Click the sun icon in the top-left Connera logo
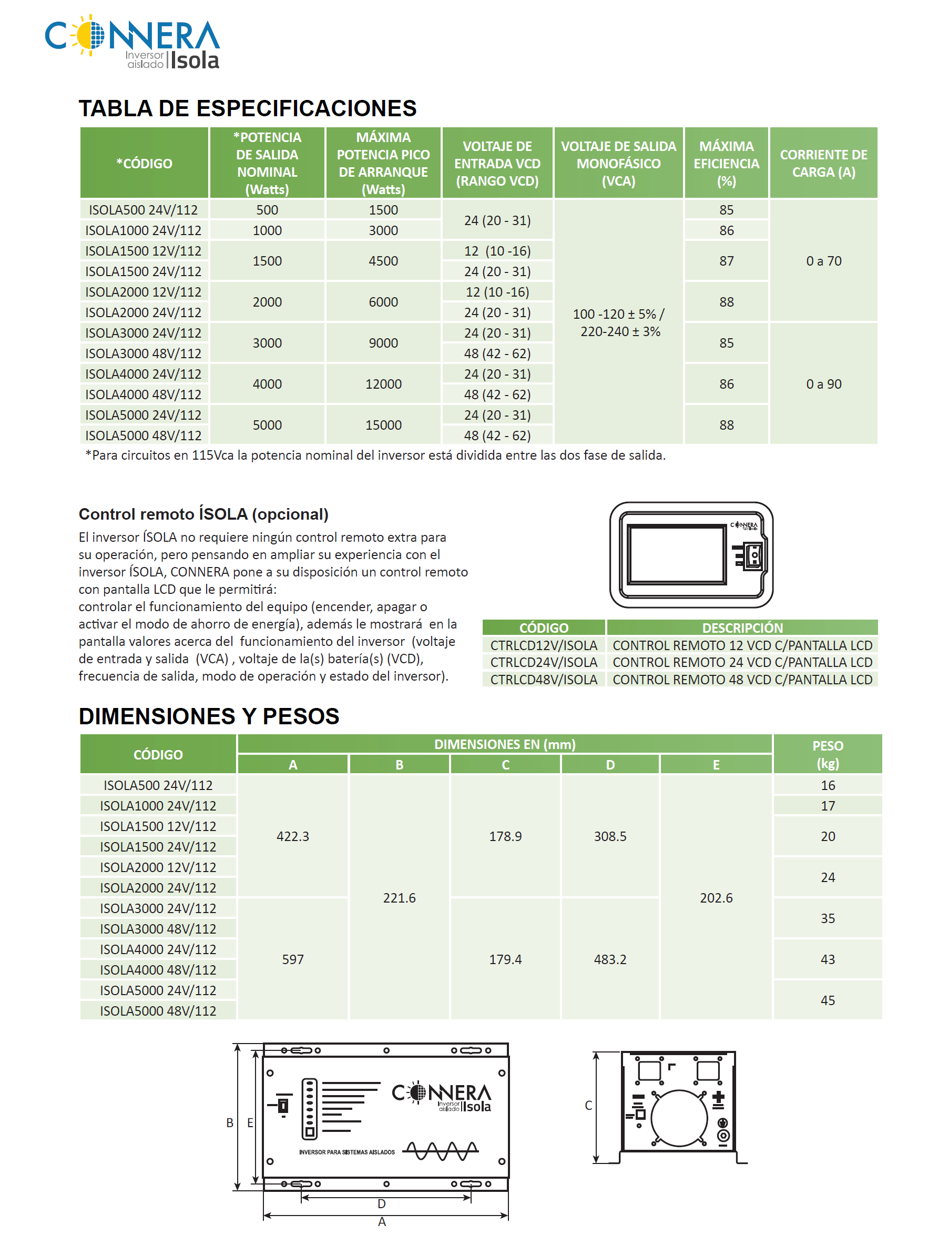[89, 35]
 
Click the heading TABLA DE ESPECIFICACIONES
[247, 108]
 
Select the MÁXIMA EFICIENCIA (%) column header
[726, 163]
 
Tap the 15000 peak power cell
[383, 425]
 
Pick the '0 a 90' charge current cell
[823, 384]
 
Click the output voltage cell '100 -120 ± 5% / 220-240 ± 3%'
[618, 322]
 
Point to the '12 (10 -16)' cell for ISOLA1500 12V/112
[497, 250]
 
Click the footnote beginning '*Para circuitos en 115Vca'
[375, 455]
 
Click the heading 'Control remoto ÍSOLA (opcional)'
[203, 513]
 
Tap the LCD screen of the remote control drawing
[676, 554]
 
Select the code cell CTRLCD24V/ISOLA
[543, 662]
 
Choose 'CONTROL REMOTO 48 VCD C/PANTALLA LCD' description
[741, 679]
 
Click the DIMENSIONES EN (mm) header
[504, 744]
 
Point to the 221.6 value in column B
[399, 897]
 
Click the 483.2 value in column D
[609, 959]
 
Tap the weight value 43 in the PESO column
[827, 959]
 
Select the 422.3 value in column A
[293, 836]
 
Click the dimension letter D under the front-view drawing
[381, 1203]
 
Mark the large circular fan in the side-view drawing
[679, 1118]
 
